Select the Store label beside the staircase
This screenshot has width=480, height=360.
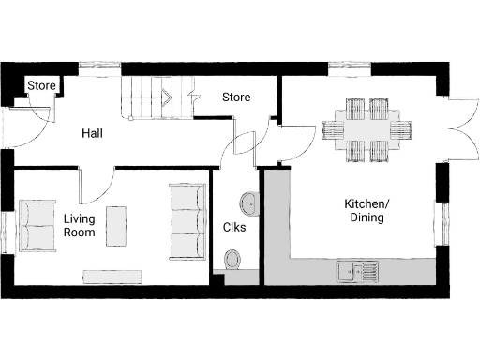(x=235, y=97)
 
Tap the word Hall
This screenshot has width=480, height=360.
(x=92, y=134)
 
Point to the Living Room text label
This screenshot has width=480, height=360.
(x=79, y=225)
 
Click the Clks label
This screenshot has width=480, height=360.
(x=234, y=227)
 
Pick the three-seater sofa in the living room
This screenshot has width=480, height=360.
(x=187, y=221)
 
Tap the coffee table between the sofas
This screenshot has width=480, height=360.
(x=117, y=225)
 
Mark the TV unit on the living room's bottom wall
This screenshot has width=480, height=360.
(x=112, y=276)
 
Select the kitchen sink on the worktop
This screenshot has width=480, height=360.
(x=357, y=271)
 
